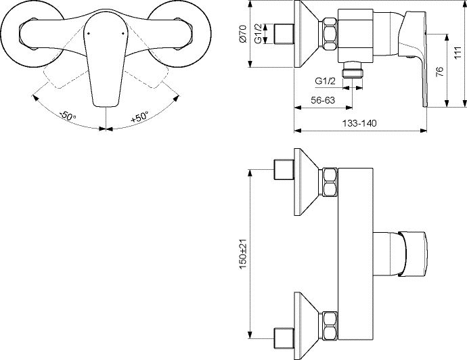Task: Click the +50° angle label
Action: tap(139, 117)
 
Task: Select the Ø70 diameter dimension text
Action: tap(243, 34)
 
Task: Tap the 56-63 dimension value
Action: tap(323, 100)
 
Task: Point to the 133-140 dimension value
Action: tap(359, 123)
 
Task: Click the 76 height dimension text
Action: tap(440, 72)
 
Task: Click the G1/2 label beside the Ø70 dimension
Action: tap(259, 34)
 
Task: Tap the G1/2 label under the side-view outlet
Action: tap(326, 81)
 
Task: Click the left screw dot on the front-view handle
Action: tap(88, 33)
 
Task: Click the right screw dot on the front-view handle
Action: tap(123, 33)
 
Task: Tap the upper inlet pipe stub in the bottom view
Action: tap(284, 169)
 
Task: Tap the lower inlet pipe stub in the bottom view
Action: tap(284, 338)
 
